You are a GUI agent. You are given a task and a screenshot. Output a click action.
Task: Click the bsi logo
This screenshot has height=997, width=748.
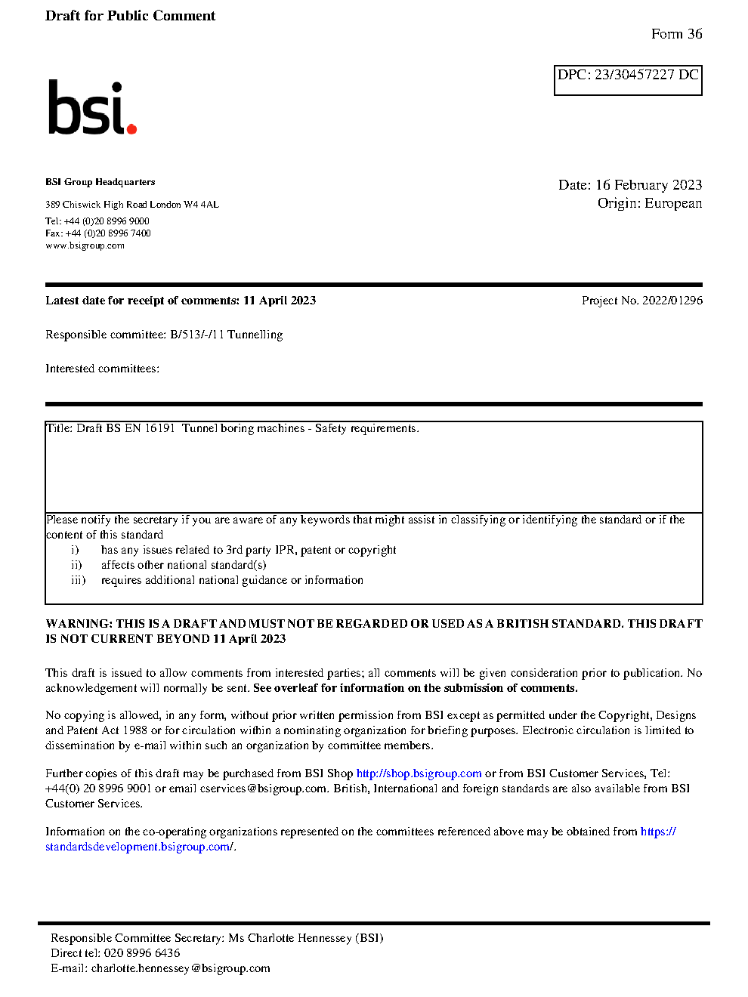tap(91, 108)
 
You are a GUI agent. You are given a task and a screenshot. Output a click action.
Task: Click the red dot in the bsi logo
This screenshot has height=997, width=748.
tap(131, 129)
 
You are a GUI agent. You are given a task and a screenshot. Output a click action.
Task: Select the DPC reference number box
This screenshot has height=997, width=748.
tap(628, 80)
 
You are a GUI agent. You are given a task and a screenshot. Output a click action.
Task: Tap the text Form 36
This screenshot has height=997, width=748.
tap(676, 34)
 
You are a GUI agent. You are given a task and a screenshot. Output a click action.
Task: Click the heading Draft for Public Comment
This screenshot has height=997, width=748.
tap(130, 16)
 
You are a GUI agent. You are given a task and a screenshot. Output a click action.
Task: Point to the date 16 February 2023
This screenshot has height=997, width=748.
tap(648, 185)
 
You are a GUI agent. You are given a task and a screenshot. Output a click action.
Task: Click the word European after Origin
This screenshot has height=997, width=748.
tap(672, 203)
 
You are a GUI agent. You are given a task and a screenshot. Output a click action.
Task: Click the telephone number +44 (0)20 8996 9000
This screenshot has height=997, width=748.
tap(107, 221)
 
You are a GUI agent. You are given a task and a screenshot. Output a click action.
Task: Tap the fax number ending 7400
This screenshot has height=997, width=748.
tap(108, 233)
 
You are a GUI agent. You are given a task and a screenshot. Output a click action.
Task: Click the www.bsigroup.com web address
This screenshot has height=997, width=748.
tap(85, 245)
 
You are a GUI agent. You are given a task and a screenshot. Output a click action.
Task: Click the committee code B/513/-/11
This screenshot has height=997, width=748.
tap(196, 335)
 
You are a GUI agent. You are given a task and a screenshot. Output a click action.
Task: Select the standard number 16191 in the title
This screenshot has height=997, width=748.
tap(159, 428)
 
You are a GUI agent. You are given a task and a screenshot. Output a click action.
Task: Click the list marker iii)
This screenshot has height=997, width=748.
tap(79, 580)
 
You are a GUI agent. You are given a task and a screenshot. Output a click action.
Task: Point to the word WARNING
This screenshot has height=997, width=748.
tap(79, 624)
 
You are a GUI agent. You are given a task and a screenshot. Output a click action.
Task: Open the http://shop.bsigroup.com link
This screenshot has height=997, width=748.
tap(419, 773)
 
